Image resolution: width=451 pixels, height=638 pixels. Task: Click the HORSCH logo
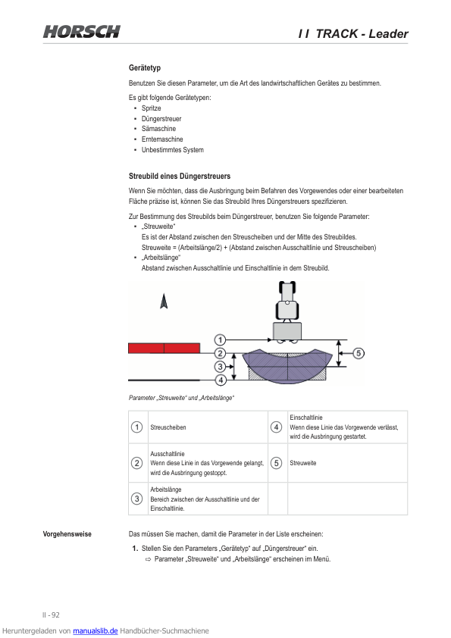[82, 32]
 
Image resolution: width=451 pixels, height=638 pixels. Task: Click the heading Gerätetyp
[145, 67]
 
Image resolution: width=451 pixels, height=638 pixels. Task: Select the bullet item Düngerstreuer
[161, 119]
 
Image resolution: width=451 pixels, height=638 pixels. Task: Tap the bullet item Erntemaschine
[162, 139]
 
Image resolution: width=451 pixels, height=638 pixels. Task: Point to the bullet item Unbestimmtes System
[173, 150]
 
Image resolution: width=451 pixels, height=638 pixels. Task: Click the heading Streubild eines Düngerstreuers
[180, 177]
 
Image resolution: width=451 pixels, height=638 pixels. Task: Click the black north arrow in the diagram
[164, 301]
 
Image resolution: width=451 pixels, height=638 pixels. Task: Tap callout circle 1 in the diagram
[220, 339]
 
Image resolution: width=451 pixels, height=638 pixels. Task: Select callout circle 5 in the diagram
[359, 353]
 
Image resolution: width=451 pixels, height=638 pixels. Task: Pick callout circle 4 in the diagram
[221, 380]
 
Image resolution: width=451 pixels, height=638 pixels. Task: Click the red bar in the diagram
[164, 349]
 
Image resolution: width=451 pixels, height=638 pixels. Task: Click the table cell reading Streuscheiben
[168, 427]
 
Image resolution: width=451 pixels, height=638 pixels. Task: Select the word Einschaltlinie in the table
[306, 418]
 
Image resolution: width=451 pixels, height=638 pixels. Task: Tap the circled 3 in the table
[136, 499]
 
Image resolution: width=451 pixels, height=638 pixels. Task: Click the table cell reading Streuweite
[303, 463]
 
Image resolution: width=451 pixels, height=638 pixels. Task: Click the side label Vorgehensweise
[67, 534]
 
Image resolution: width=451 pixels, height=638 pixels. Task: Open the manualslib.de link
[96, 631]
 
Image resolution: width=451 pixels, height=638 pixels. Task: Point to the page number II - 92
[51, 615]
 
